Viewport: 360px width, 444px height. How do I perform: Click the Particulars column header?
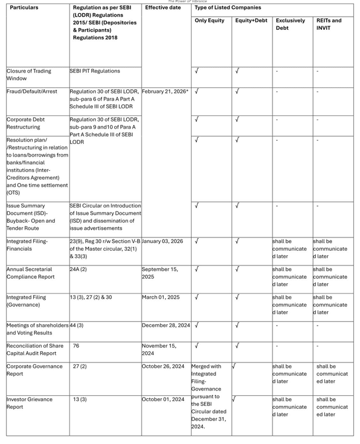[x=24, y=8]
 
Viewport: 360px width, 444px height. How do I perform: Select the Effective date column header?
[x=162, y=8]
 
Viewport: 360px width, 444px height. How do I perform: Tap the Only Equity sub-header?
[x=209, y=21]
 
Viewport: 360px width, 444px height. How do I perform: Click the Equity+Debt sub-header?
[x=251, y=21]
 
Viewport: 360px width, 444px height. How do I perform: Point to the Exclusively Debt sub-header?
[x=290, y=24]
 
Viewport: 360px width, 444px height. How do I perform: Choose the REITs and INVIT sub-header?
[x=329, y=24]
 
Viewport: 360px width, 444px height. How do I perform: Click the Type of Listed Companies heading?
[x=227, y=8]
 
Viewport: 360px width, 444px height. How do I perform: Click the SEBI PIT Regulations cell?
[x=95, y=71]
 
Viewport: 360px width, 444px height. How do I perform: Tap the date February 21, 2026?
[x=165, y=91]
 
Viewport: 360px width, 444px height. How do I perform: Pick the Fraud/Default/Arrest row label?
[x=34, y=91]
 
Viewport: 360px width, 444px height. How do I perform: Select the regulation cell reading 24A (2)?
[x=78, y=270]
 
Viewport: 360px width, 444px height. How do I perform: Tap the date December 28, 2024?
[x=166, y=326]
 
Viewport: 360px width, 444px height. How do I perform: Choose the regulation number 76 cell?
[x=76, y=346]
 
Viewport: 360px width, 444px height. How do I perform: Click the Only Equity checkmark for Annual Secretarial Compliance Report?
[x=197, y=270]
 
